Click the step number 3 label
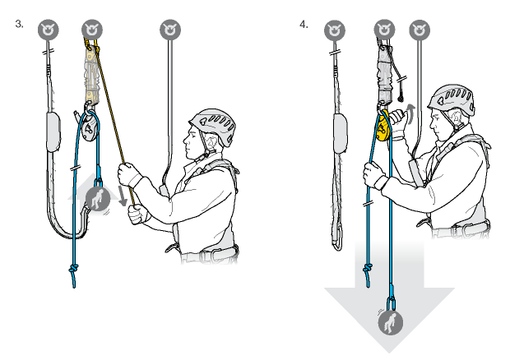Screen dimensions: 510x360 point(19,24)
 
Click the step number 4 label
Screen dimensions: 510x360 point(304,25)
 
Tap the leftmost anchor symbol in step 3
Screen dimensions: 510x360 point(49,30)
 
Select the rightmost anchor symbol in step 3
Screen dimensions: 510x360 point(170,30)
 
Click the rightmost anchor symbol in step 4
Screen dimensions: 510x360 point(420,30)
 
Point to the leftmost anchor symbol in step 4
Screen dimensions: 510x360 point(335,30)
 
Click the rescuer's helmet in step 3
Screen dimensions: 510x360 point(213,126)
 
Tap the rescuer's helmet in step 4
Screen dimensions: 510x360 point(452,99)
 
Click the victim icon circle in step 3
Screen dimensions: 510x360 point(98,199)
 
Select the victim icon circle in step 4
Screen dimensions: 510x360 point(390,323)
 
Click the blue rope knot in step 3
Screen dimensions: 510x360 point(73,269)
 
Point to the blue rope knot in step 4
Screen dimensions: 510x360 point(368,269)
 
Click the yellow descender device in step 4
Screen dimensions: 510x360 point(384,126)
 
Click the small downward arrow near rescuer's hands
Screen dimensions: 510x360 point(123,196)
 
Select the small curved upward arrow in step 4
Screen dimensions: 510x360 point(411,113)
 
